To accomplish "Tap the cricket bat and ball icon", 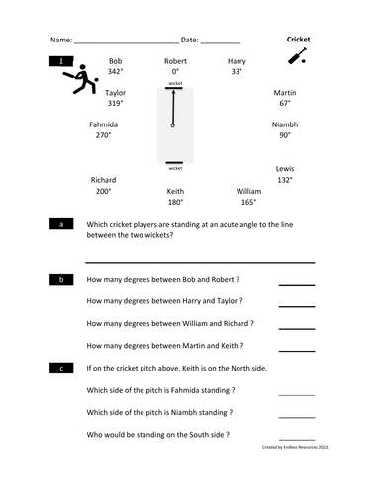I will [x=297, y=57].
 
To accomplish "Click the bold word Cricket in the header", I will [x=298, y=40].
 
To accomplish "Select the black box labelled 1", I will [x=62, y=61].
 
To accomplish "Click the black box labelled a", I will [x=62, y=225].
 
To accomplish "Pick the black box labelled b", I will [x=62, y=280].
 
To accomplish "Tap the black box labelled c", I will [x=62, y=369].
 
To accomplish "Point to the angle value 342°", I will [x=116, y=72].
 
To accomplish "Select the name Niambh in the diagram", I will [x=284, y=125].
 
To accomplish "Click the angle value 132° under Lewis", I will [x=284, y=180].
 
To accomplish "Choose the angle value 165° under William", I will [x=247, y=202].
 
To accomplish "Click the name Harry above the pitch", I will [x=237, y=61].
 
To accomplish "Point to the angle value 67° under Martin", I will [x=284, y=103].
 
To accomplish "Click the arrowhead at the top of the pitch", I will [x=174, y=94].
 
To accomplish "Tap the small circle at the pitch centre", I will [x=174, y=126].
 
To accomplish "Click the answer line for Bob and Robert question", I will [x=296, y=284].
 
